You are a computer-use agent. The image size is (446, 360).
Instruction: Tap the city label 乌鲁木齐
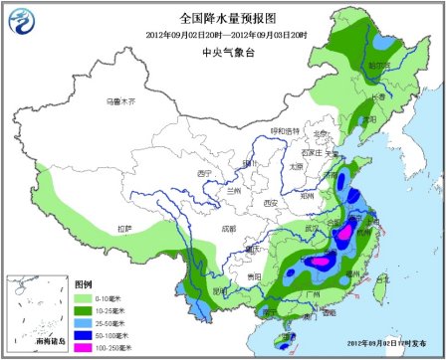click(x=120, y=101)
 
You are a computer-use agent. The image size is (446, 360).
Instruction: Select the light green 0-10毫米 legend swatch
click(x=84, y=296)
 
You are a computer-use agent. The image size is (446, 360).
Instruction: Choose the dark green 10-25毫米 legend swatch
click(x=84, y=309)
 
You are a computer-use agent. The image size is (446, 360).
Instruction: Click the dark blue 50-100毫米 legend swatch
click(x=84, y=335)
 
